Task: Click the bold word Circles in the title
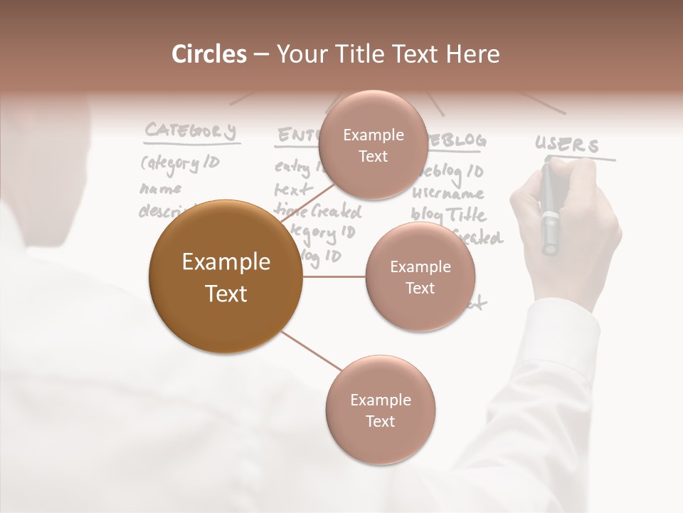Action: coord(209,54)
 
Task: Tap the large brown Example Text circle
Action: coord(226,276)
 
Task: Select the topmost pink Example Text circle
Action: coord(373,145)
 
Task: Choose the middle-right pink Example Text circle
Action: coord(420,276)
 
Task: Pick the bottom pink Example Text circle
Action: coord(380,410)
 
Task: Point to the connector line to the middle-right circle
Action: coord(334,276)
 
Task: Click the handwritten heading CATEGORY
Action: coord(190,131)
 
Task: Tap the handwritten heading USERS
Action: coord(567,145)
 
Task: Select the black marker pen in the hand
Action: coord(549,210)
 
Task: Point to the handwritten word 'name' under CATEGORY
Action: coord(160,189)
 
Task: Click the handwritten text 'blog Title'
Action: coord(450,214)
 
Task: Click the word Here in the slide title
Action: coord(472,54)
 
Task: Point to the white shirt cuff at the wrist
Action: coord(562,335)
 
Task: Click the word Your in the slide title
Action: coord(300,54)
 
